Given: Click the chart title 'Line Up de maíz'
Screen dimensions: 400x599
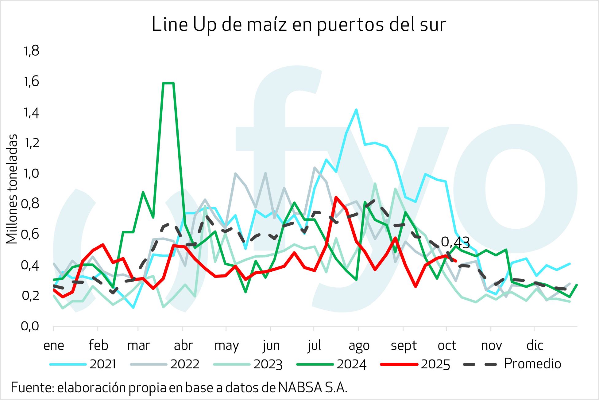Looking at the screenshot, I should point(299,25).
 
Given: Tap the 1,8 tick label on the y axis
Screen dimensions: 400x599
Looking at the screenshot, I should point(31,51).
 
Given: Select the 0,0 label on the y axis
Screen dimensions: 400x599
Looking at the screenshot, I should point(30,326).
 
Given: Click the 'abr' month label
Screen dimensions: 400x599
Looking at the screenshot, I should point(183,346).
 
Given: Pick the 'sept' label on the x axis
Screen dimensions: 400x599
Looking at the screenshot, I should point(404,346).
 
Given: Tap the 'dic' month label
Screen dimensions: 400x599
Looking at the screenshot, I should point(535,346).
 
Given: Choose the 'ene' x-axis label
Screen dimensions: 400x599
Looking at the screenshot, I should point(54,346).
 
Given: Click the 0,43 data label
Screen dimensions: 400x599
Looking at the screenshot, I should point(455,243).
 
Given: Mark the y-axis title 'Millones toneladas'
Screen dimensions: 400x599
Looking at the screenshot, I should point(12,189).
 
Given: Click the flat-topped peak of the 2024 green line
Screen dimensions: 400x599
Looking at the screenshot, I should point(168,83).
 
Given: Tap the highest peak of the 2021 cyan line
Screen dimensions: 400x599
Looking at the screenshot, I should point(356,110).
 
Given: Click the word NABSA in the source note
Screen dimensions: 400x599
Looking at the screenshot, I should point(300,388).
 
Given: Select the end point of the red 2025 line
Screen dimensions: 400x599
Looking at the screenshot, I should point(456,261).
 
